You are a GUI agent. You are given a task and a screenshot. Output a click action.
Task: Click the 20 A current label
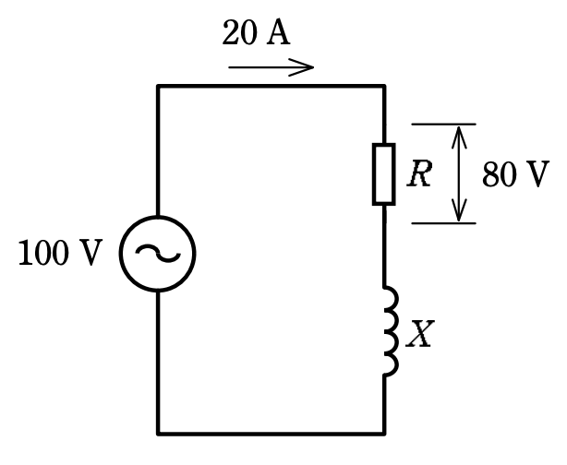(x=256, y=33)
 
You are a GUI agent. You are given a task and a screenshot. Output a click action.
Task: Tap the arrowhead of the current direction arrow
(x=308, y=67)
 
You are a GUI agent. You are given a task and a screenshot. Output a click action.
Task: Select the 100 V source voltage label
(x=60, y=253)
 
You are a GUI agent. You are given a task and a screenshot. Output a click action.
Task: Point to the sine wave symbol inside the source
(x=158, y=253)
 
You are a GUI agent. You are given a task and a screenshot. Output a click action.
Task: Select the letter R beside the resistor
(x=419, y=173)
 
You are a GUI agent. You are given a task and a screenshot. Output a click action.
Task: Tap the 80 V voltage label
(x=516, y=174)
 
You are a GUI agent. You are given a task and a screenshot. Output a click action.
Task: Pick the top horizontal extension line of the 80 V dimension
(x=443, y=125)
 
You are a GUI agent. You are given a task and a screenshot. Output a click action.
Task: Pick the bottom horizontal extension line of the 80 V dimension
(x=443, y=223)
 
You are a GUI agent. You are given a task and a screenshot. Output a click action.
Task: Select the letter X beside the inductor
(x=419, y=334)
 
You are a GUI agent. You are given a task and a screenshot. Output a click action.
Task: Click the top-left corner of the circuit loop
(x=158, y=86)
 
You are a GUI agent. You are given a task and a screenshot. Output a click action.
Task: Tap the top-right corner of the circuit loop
(x=384, y=86)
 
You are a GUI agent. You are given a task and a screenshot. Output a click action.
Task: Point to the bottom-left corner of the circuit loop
(x=158, y=434)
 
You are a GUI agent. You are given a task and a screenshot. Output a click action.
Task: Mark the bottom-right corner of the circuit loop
(x=384, y=434)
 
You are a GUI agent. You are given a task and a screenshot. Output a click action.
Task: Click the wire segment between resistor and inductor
(x=384, y=245)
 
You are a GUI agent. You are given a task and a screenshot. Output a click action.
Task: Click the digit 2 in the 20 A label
(x=230, y=33)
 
